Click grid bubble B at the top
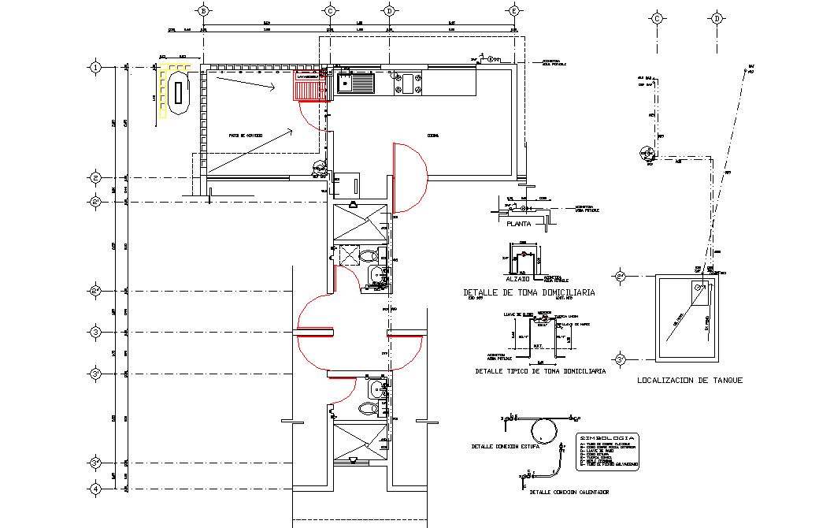click(x=203, y=11)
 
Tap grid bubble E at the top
click(x=513, y=11)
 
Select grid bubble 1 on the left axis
click(x=95, y=67)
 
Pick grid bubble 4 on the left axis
click(x=95, y=489)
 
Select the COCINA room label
click(x=433, y=136)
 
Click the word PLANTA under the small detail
click(x=520, y=224)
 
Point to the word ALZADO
click(x=517, y=279)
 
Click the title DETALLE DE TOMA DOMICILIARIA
click(x=528, y=292)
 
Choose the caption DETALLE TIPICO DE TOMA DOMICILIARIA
click(x=540, y=370)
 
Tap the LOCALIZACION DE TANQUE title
click(x=690, y=381)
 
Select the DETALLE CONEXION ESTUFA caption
click(x=504, y=447)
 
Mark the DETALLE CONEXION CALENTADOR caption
click(x=569, y=493)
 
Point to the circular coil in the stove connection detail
click(x=543, y=429)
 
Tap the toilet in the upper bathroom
click(x=368, y=257)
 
